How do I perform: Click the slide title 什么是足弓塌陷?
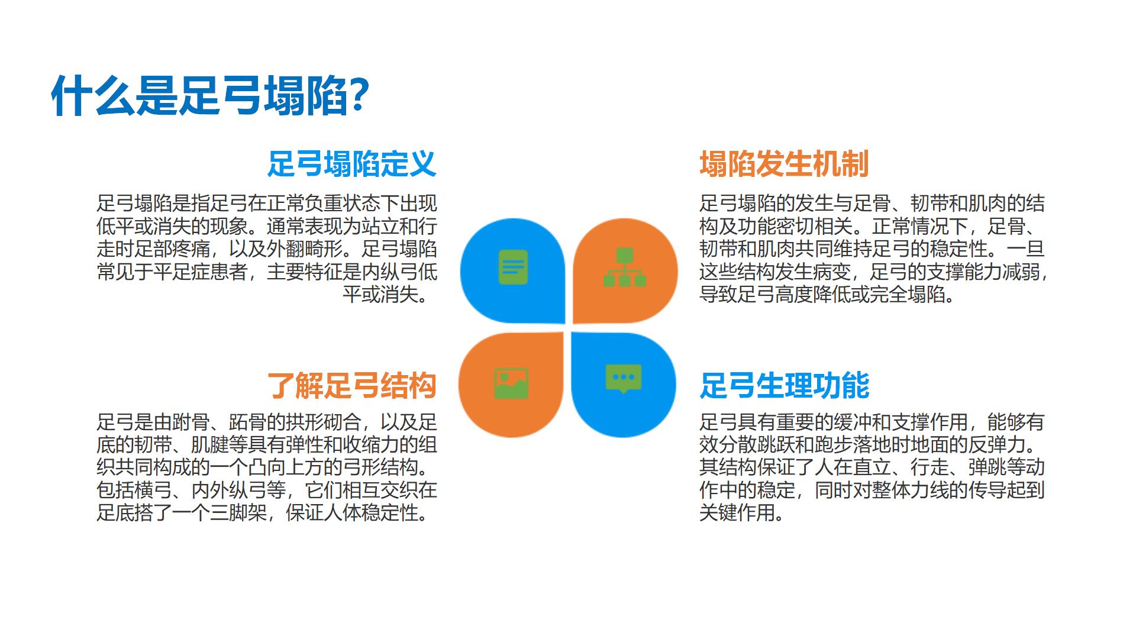[x=211, y=95]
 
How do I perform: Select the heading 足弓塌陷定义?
[x=352, y=164]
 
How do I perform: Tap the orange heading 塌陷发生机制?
[x=784, y=164]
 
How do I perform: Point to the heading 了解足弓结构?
[x=352, y=386]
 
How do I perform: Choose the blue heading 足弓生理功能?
[x=784, y=386]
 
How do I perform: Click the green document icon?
[x=513, y=267]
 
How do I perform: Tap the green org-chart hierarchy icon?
[x=625, y=267]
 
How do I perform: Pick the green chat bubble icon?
[x=624, y=379]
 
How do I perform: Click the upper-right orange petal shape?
[x=625, y=270]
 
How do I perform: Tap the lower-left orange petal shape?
[x=511, y=385]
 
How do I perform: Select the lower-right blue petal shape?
[x=624, y=385]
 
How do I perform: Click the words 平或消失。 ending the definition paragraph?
[x=389, y=294]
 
